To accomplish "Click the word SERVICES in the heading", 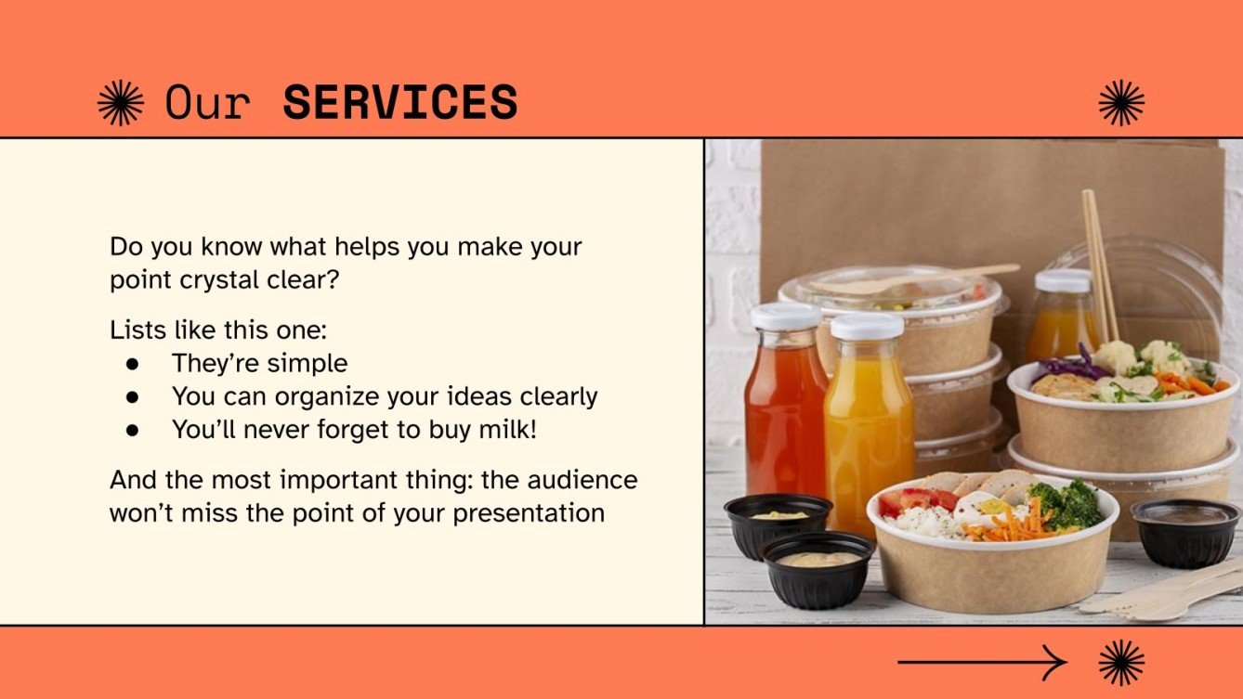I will (x=399, y=102).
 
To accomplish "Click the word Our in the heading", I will (x=207, y=102).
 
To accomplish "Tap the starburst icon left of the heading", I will (x=121, y=102).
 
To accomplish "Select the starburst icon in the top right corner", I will (x=1121, y=102).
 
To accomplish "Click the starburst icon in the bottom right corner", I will (x=1121, y=662).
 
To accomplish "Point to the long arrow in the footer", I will (x=981, y=662).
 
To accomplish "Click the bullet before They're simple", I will (x=132, y=363).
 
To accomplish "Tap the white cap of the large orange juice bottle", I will (x=866, y=326).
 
